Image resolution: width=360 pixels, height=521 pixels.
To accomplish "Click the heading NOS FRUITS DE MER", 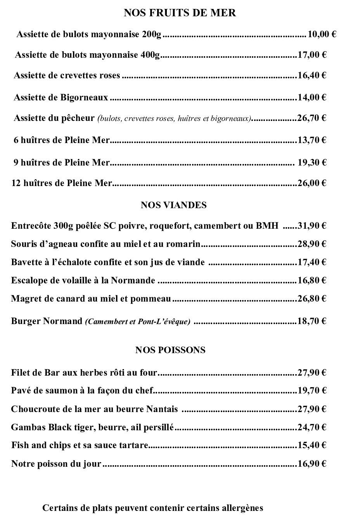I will (x=180, y=13).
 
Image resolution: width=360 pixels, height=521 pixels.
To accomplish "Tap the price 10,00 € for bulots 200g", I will (x=322, y=35).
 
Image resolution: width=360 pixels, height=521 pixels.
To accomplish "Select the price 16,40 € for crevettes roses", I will (x=312, y=75).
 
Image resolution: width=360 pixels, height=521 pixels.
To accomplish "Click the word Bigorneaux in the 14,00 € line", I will (x=84, y=97).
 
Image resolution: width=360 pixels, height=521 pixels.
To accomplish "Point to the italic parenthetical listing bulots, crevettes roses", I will (x=175, y=119).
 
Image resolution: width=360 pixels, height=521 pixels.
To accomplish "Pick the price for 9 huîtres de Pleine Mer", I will (x=312, y=162).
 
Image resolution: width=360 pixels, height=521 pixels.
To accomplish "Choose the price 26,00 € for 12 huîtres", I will (x=312, y=183).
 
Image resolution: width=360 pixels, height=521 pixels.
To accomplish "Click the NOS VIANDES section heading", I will (x=173, y=205).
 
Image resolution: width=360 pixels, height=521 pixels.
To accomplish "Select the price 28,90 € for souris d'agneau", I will (x=312, y=244).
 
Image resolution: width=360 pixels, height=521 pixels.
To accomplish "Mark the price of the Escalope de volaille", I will (x=312, y=280).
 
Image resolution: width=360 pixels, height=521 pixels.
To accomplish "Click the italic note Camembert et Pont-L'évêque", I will (x=138, y=321).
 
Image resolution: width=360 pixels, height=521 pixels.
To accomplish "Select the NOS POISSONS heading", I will (x=170, y=350).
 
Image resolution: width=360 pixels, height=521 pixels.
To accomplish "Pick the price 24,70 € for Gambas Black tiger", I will (x=312, y=427).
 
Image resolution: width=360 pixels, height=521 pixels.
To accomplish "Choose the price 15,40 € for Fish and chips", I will (x=312, y=445).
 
